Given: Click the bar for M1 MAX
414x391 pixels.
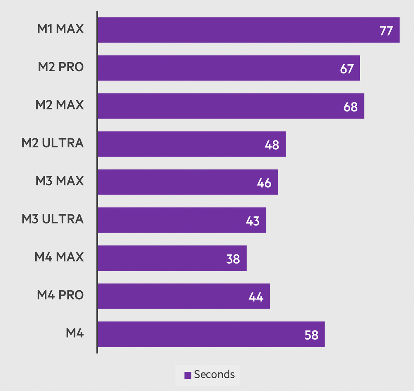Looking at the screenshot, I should (248, 30).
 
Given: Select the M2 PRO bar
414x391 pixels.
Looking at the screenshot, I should (229, 68).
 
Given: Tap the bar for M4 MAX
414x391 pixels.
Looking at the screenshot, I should (172, 258).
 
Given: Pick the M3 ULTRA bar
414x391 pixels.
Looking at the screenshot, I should (181, 220).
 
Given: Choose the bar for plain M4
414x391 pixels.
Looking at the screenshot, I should (211, 334).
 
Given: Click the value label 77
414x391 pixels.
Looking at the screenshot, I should (386, 31).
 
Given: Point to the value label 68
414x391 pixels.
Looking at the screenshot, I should (350, 107).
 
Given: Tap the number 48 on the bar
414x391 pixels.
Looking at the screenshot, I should (272, 145).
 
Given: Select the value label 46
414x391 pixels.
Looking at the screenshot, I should (264, 183).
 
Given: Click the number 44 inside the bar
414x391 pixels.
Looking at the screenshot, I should (256, 297).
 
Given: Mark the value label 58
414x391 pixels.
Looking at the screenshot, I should (311, 335).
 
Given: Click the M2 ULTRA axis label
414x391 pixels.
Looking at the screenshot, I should (53, 143).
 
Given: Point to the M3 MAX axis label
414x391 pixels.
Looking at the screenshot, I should (60, 181).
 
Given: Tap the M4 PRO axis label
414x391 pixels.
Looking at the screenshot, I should (60, 295).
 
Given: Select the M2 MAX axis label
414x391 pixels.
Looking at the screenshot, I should (60, 105).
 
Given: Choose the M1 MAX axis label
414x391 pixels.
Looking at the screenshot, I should (60, 29).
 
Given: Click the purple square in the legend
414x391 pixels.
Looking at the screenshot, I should (188, 375).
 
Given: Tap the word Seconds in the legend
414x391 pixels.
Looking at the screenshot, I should (214, 374).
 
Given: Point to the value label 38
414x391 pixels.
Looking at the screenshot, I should (233, 259).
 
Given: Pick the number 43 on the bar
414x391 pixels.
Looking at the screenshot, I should (253, 221).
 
